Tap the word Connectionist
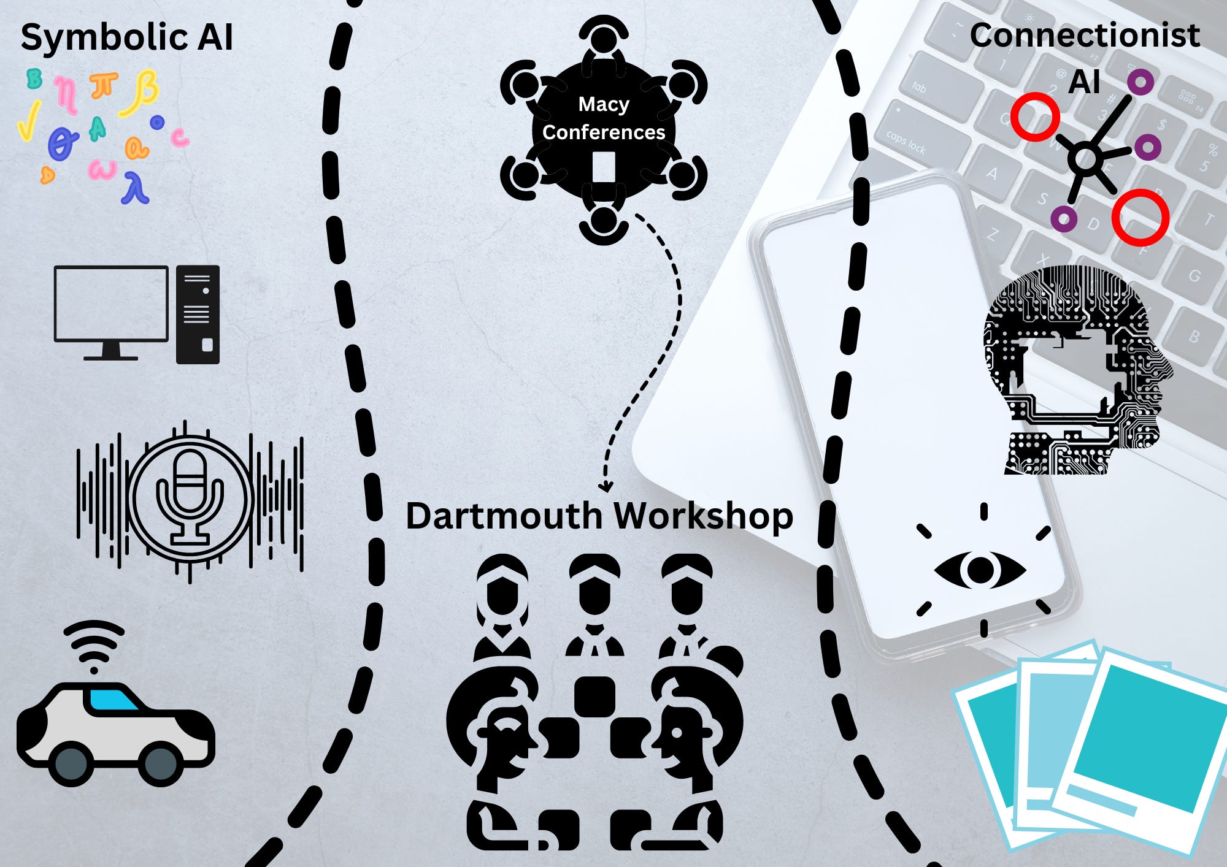(1084, 36)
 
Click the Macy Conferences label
(604, 118)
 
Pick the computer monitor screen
(111, 303)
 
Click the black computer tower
(198, 315)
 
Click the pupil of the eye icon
(980, 570)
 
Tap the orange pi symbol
(103, 85)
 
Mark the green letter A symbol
(97, 129)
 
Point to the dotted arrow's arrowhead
(606, 487)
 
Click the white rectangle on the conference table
(604, 167)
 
